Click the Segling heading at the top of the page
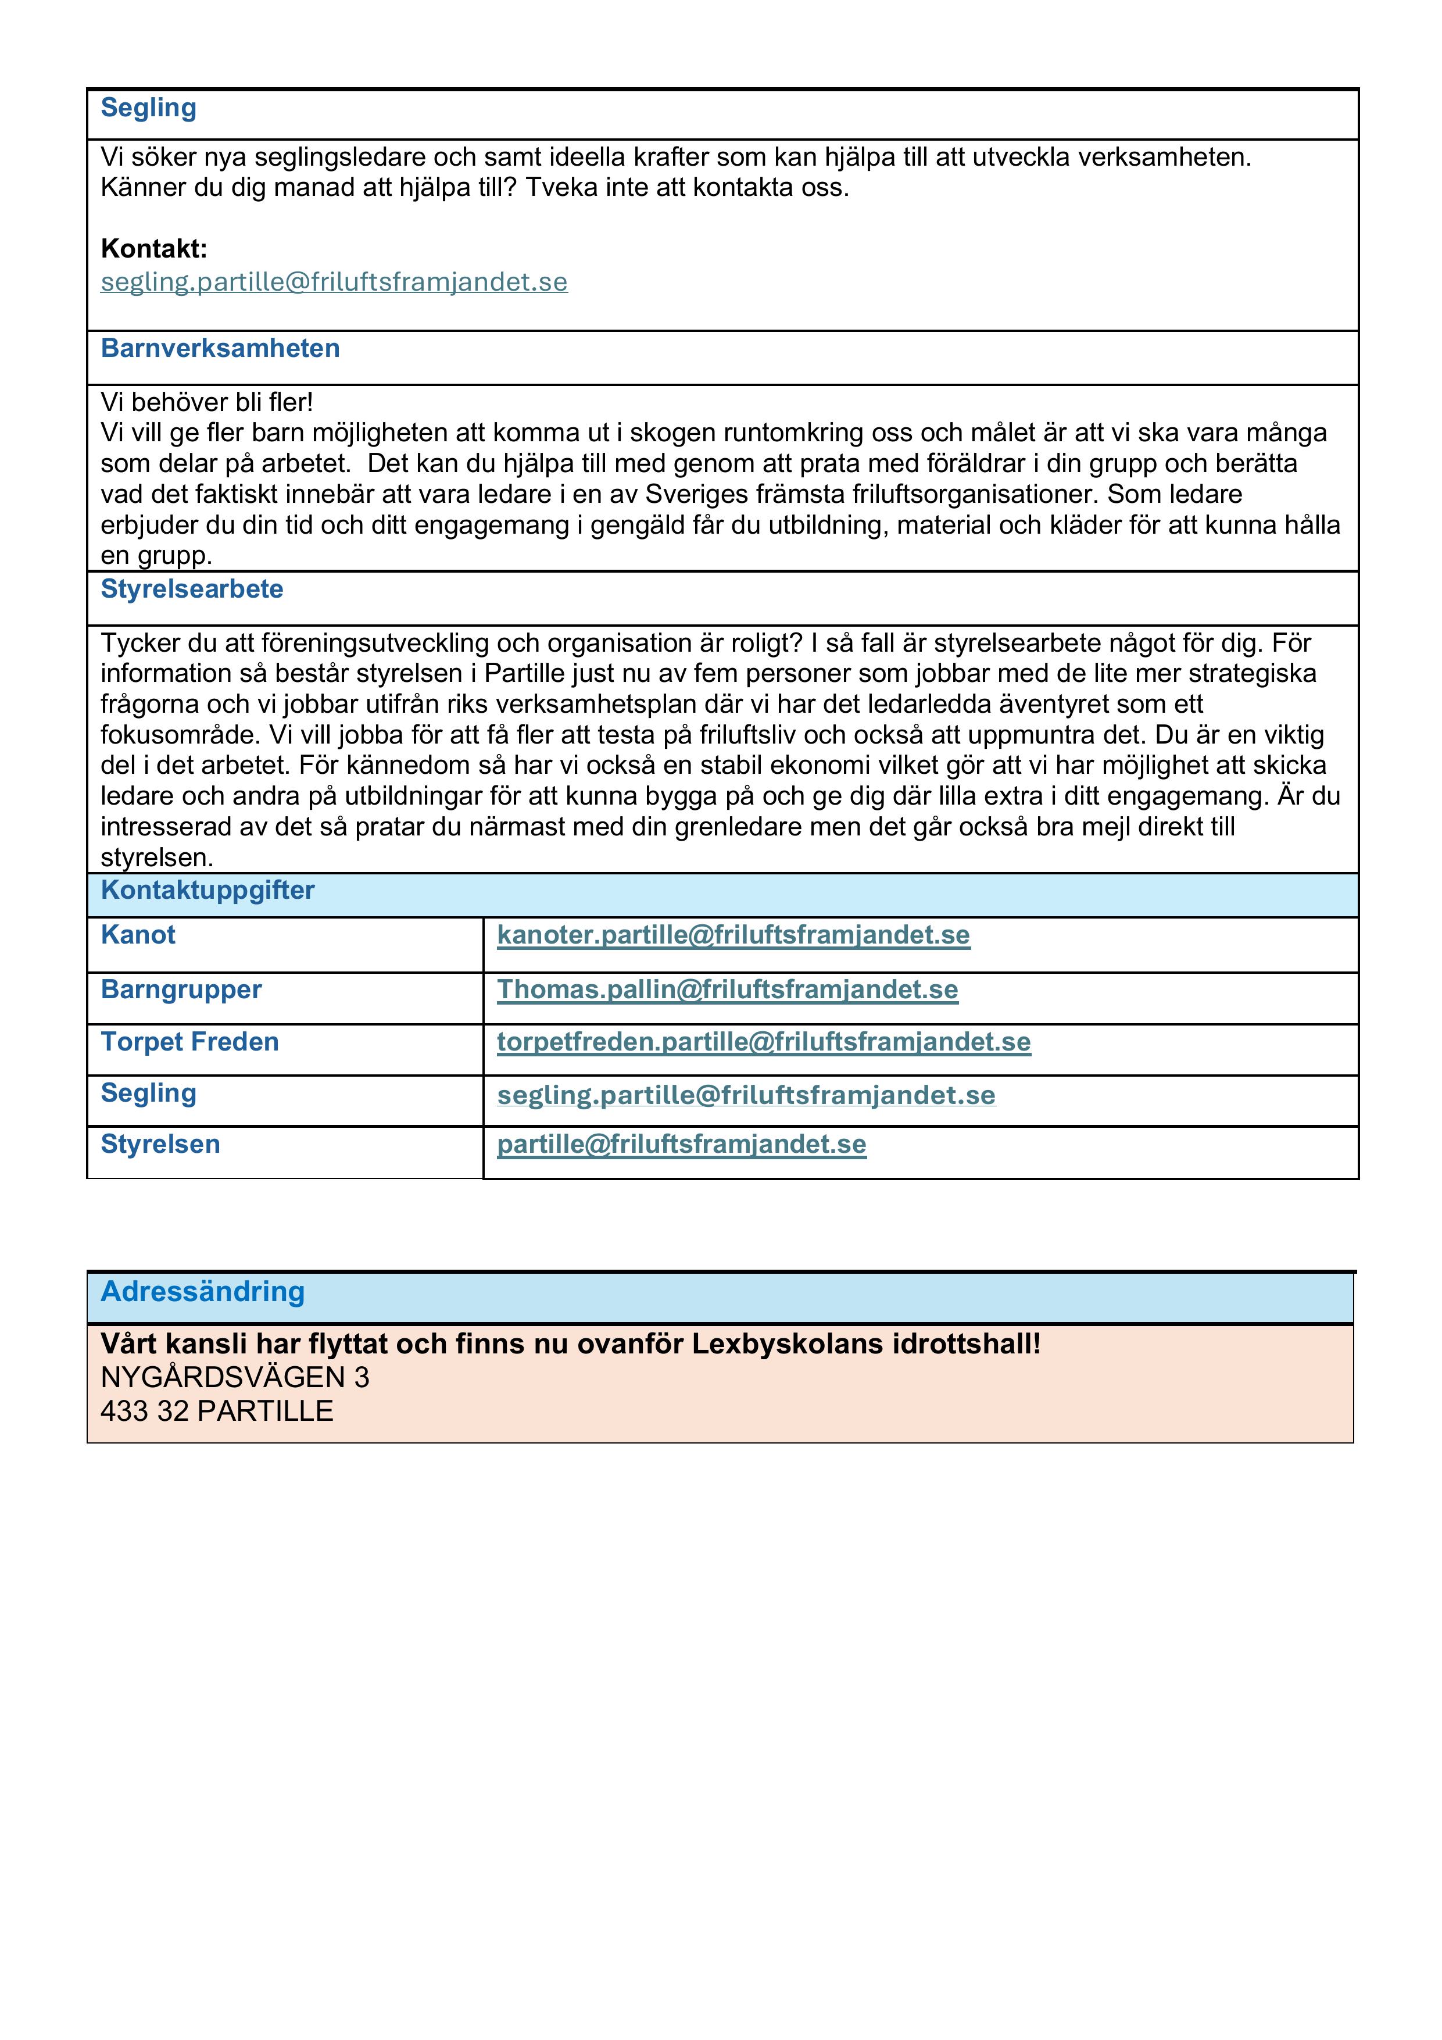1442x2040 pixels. coord(148,108)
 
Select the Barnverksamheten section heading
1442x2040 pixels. coord(220,348)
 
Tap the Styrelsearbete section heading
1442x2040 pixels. coord(192,589)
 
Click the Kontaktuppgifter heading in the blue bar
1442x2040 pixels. coord(208,890)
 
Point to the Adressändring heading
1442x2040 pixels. coord(203,1291)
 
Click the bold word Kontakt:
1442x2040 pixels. coord(153,249)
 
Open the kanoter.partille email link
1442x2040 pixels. coord(733,935)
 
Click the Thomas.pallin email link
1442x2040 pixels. coord(727,990)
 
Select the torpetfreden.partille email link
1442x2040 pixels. coord(763,1042)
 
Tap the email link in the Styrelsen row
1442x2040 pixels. coord(681,1144)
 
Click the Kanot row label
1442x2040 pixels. coord(138,935)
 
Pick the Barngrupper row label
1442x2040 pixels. coord(181,990)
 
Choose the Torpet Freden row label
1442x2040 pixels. coord(189,1042)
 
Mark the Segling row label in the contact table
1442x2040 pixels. coord(148,1094)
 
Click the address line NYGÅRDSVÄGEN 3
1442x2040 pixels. coord(235,1377)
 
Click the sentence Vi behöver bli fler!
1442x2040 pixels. coord(207,402)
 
